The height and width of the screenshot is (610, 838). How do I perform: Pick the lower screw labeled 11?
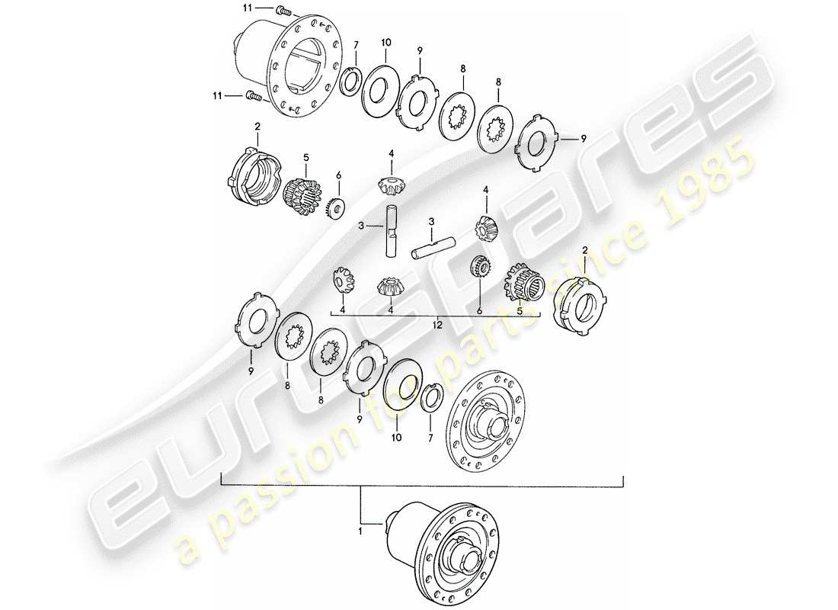pyautogui.click(x=253, y=96)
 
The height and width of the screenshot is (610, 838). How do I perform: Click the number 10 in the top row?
pyautogui.click(x=385, y=42)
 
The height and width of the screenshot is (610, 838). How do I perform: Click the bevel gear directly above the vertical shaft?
pyautogui.click(x=390, y=183)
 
